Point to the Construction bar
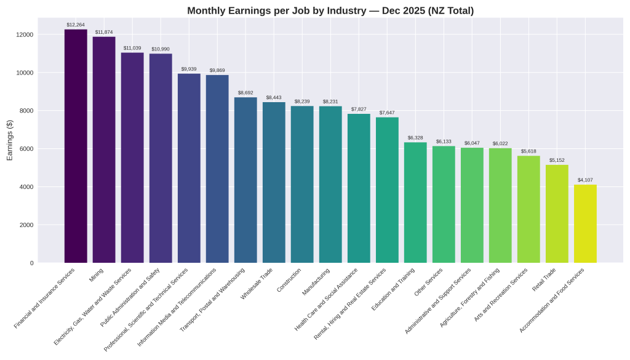coord(302,184)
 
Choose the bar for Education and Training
coord(415,202)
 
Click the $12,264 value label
coord(76,25)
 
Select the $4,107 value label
coord(585,180)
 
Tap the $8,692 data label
coord(245,93)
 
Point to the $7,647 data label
coord(387,113)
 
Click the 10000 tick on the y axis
coord(25,73)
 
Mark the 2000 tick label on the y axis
coord(26,225)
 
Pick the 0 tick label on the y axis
coord(31,263)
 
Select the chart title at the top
coord(330,10)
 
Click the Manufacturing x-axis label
coord(317,281)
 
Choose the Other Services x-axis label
coord(429,282)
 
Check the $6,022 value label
coord(500,143)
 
